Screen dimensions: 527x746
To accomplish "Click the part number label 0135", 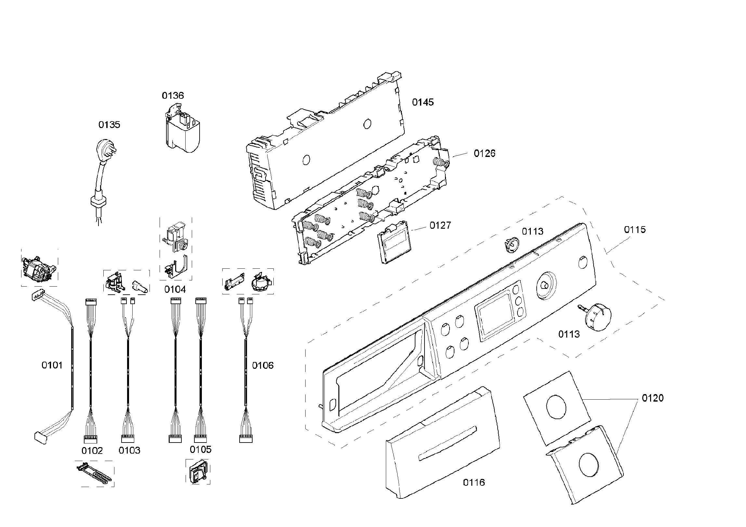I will (109, 125).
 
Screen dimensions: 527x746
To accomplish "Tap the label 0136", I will (173, 96).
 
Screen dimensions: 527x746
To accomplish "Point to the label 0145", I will (423, 102).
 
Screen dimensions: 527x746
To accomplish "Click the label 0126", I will (484, 154).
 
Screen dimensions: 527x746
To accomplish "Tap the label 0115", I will (635, 230).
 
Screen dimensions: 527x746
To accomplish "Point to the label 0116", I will (474, 482).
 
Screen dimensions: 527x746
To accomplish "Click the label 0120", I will (653, 398).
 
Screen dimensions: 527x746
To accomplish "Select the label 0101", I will (52, 366).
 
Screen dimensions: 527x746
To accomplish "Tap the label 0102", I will (92, 451).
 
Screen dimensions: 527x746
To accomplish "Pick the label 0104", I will (175, 289).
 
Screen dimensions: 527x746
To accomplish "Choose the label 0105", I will (201, 450).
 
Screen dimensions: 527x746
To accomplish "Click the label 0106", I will (263, 366).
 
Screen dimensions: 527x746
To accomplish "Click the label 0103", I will (129, 450).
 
